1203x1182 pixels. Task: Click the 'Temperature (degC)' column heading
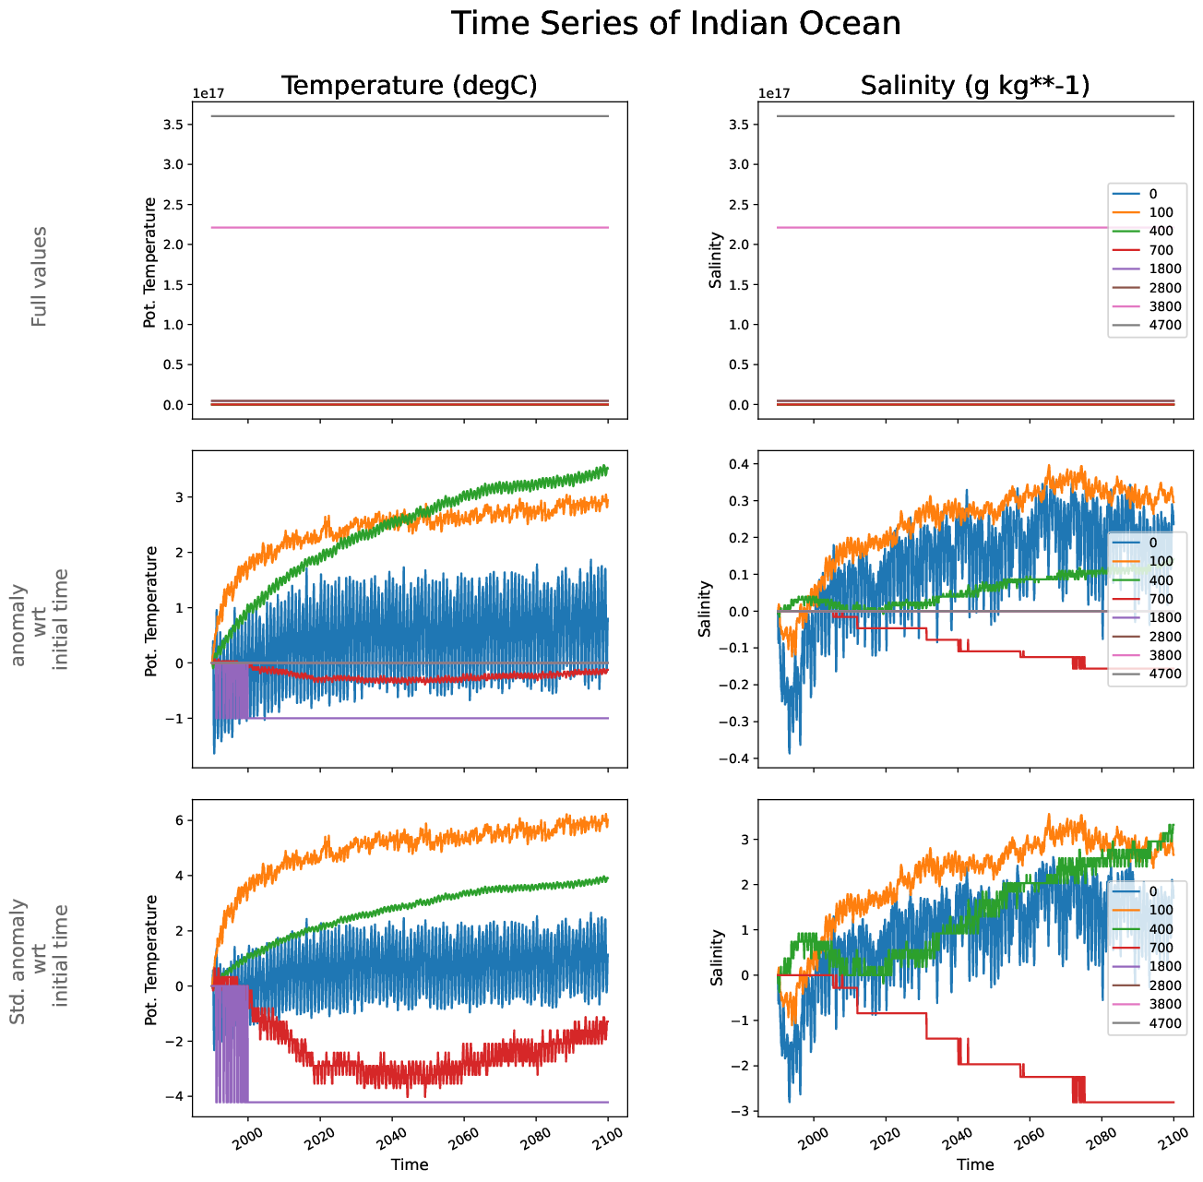point(409,86)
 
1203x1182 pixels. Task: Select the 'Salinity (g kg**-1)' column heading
point(975,86)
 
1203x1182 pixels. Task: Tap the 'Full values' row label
point(39,277)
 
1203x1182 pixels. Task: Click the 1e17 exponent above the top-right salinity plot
point(773,93)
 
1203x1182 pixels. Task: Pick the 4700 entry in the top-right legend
point(1165,325)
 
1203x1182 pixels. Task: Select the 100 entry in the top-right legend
point(1161,212)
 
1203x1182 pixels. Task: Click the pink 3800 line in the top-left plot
point(409,227)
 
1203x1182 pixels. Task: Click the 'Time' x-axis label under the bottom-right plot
point(975,1164)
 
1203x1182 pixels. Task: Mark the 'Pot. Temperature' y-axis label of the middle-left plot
point(151,611)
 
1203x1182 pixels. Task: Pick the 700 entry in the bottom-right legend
point(1161,948)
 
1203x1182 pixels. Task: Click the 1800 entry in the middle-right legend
point(1165,617)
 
